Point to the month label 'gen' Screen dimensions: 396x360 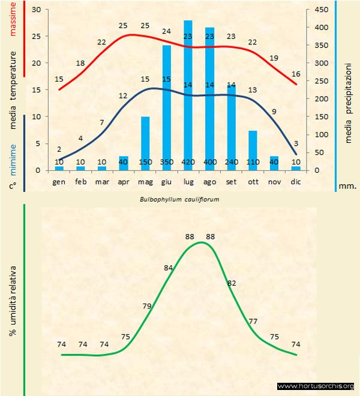pos(59,181)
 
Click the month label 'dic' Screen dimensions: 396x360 pos(296,181)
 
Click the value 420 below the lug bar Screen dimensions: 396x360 pos(188,162)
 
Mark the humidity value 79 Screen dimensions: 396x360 pos(147,306)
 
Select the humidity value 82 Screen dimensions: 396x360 pos(232,283)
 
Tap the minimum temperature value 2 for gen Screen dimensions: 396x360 pos(59,149)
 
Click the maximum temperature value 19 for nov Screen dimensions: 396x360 pos(274,58)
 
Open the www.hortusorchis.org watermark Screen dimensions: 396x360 pos(316,386)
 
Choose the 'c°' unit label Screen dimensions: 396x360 pos(13,185)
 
